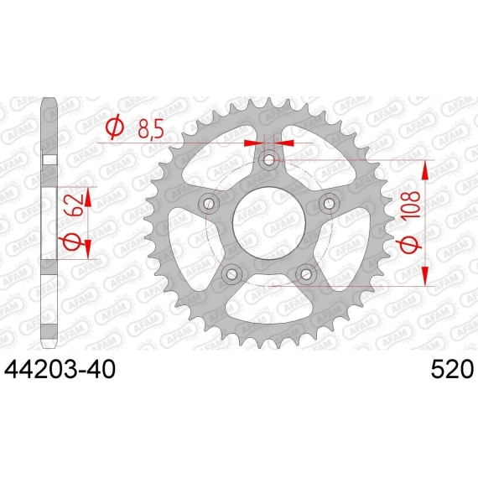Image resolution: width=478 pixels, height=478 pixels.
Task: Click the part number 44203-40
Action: tap(60, 369)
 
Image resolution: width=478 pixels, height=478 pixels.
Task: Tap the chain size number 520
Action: tap(452, 369)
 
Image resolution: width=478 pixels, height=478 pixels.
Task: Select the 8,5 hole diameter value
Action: tap(151, 129)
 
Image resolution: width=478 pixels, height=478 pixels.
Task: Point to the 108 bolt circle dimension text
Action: tap(413, 205)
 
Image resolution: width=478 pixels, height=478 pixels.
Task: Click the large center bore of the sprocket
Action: tap(269, 222)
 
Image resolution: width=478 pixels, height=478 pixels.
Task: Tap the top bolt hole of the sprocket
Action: tap(269, 159)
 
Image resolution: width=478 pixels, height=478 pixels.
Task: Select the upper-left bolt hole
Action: tap(209, 203)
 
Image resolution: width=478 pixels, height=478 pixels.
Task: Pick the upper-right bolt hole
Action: tap(329, 203)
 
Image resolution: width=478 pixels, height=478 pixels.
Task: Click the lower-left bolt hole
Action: tap(231, 273)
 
